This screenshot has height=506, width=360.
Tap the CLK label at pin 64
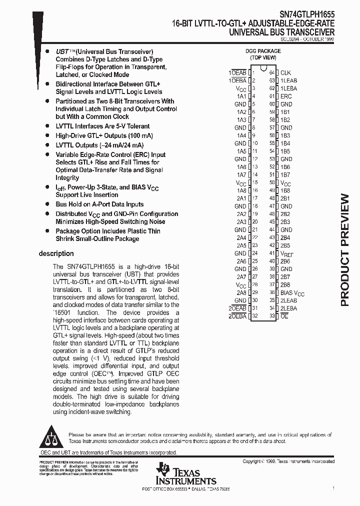point(285,72)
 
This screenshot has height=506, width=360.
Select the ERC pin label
point(286,96)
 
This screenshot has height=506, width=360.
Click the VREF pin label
point(286,253)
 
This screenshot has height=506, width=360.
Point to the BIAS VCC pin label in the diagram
point(292,293)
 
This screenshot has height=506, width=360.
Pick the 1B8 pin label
point(285,190)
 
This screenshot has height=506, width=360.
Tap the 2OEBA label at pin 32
point(237,316)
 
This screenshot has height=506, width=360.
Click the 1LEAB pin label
point(288,80)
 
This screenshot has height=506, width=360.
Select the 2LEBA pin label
point(288,308)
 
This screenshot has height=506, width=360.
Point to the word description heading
point(56,253)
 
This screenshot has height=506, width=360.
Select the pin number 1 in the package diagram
point(253,72)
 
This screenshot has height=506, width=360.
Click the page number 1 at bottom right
point(333,487)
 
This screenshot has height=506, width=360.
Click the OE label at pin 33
point(284,316)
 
